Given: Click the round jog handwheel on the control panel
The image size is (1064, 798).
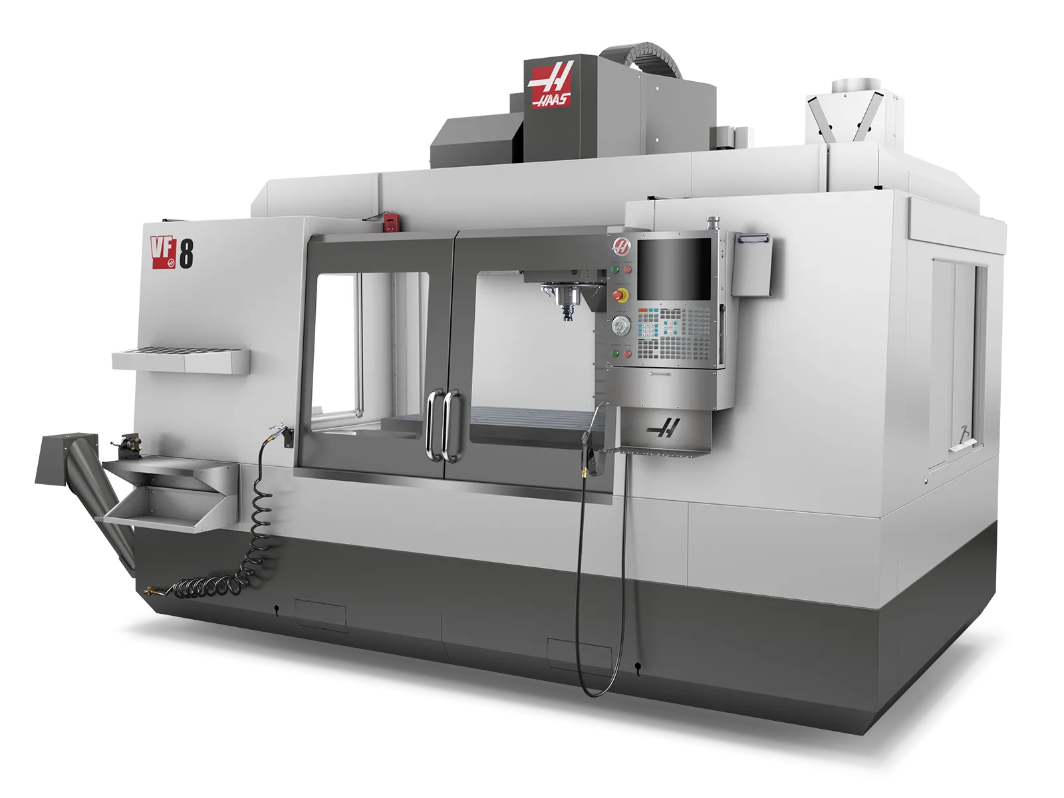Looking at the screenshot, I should pos(622,326).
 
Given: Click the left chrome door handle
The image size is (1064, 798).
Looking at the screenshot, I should pos(433,425).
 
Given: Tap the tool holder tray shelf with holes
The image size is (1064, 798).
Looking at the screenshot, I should pos(180,359).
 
